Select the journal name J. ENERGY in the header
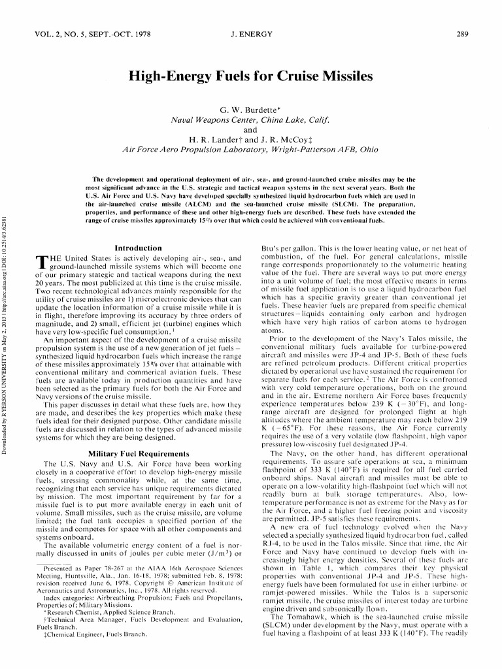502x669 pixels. click(251, 34)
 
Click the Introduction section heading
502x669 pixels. click(138, 248)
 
